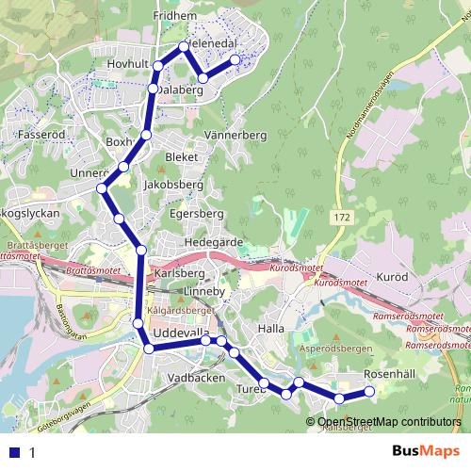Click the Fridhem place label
pos(174,16)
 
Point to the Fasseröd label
pos(40,135)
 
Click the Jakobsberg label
pos(172,186)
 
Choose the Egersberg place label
pos(196,214)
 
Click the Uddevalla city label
pos(185,336)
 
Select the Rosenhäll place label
pos(389,374)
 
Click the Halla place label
pos(270,329)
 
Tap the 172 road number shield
pos(342,218)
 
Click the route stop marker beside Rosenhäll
pos(369,392)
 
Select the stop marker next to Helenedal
pos(184,46)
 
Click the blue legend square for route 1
pos(15,452)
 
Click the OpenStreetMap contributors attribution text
pos(388,422)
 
